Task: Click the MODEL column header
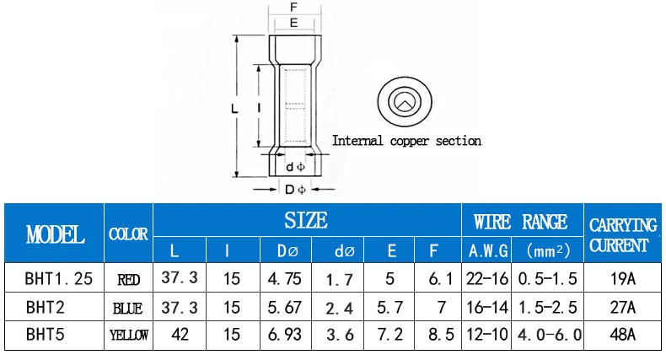55,234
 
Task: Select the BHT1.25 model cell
59,278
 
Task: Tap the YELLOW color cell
129,335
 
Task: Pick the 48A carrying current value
622,335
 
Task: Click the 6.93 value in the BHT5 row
285,335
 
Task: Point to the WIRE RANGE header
520,222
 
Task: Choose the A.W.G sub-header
488,251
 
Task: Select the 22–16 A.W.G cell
487,278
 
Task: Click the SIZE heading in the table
306,220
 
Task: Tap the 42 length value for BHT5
180,335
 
